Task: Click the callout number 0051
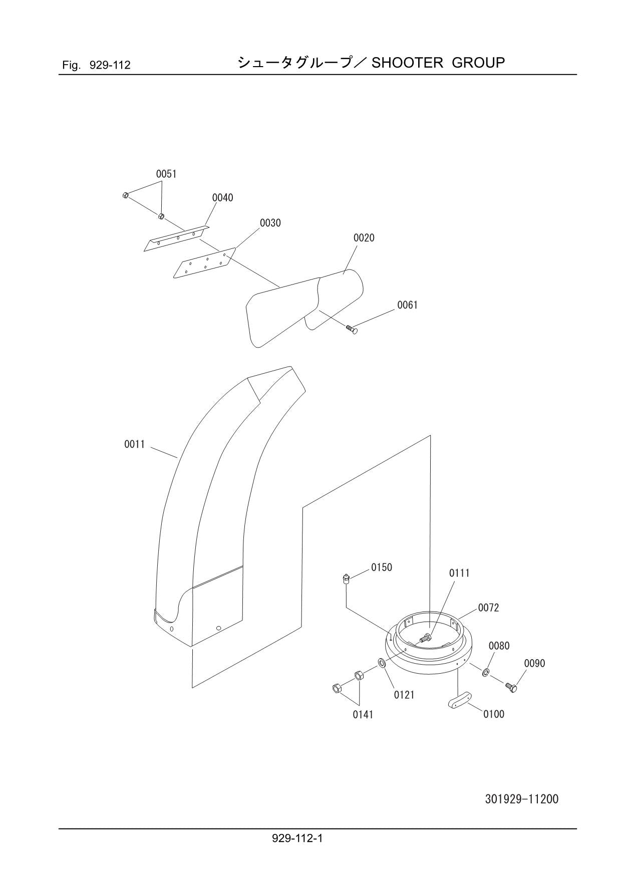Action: [166, 174]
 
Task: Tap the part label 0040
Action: [222, 198]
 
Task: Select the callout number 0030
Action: [270, 223]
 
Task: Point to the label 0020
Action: [364, 238]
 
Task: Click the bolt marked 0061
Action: [352, 329]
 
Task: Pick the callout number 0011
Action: [134, 444]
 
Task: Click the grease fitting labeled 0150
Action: [345, 579]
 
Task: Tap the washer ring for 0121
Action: [381, 664]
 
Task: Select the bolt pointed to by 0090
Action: [511, 687]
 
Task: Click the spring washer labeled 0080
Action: [486, 672]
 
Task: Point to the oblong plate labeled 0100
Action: [460, 701]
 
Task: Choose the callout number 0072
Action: [488, 608]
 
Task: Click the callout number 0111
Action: [459, 573]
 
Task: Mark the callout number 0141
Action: [363, 715]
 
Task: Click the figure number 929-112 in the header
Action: [110, 65]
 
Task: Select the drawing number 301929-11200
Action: [521, 799]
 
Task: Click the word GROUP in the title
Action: [478, 63]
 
